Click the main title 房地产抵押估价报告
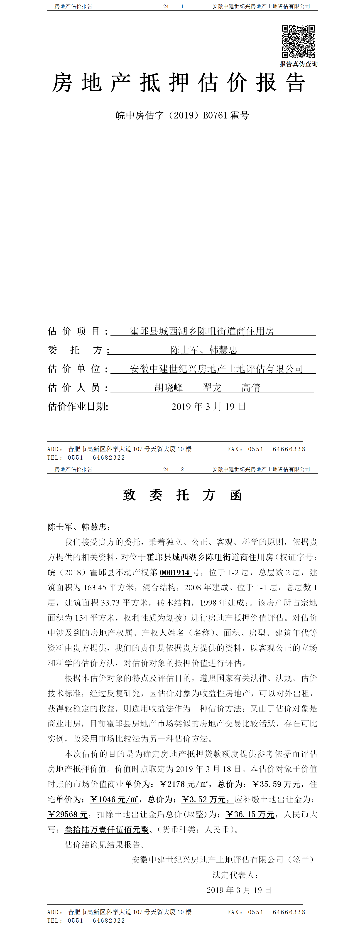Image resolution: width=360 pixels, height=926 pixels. (179, 83)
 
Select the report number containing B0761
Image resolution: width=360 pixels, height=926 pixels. (182, 115)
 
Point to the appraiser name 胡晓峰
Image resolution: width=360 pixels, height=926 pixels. (169, 387)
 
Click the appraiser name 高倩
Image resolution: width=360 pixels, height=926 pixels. (251, 387)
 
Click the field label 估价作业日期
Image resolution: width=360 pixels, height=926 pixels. (78, 406)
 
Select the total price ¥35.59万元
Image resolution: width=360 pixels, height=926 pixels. (276, 784)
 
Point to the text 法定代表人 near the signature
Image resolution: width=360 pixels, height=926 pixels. (235, 875)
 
